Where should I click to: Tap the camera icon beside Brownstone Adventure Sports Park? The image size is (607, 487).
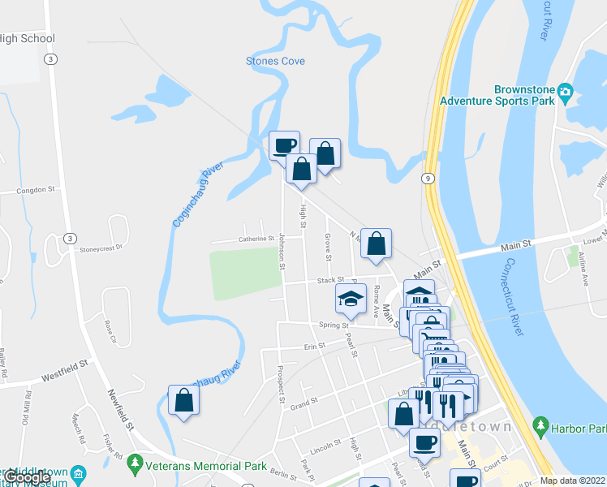[x=565, y=91]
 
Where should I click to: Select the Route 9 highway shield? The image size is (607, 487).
[x=428, y=178]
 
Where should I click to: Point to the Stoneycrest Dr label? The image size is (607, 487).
[x=101, y=248]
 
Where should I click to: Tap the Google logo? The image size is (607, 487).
[x=26, y=478]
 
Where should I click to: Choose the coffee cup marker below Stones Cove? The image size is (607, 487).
[x=284, y=146]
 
